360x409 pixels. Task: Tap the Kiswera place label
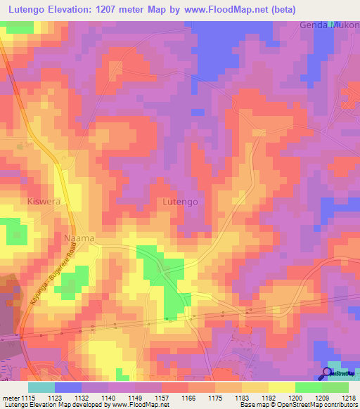tap(42, 202)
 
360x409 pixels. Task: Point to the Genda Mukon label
tap(329, 25)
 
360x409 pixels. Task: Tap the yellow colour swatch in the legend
tap(281, 387)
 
